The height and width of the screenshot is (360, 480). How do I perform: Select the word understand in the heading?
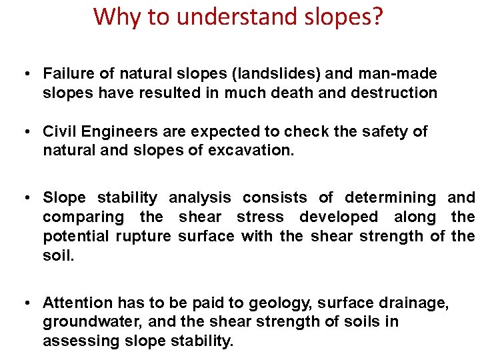point(223,17)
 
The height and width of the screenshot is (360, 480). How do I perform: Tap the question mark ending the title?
point(378,17)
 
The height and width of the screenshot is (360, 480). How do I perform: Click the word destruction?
point(400,93)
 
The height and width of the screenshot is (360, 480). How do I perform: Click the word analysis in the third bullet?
point(200,197)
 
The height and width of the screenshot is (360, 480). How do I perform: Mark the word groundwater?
point(83,323)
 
